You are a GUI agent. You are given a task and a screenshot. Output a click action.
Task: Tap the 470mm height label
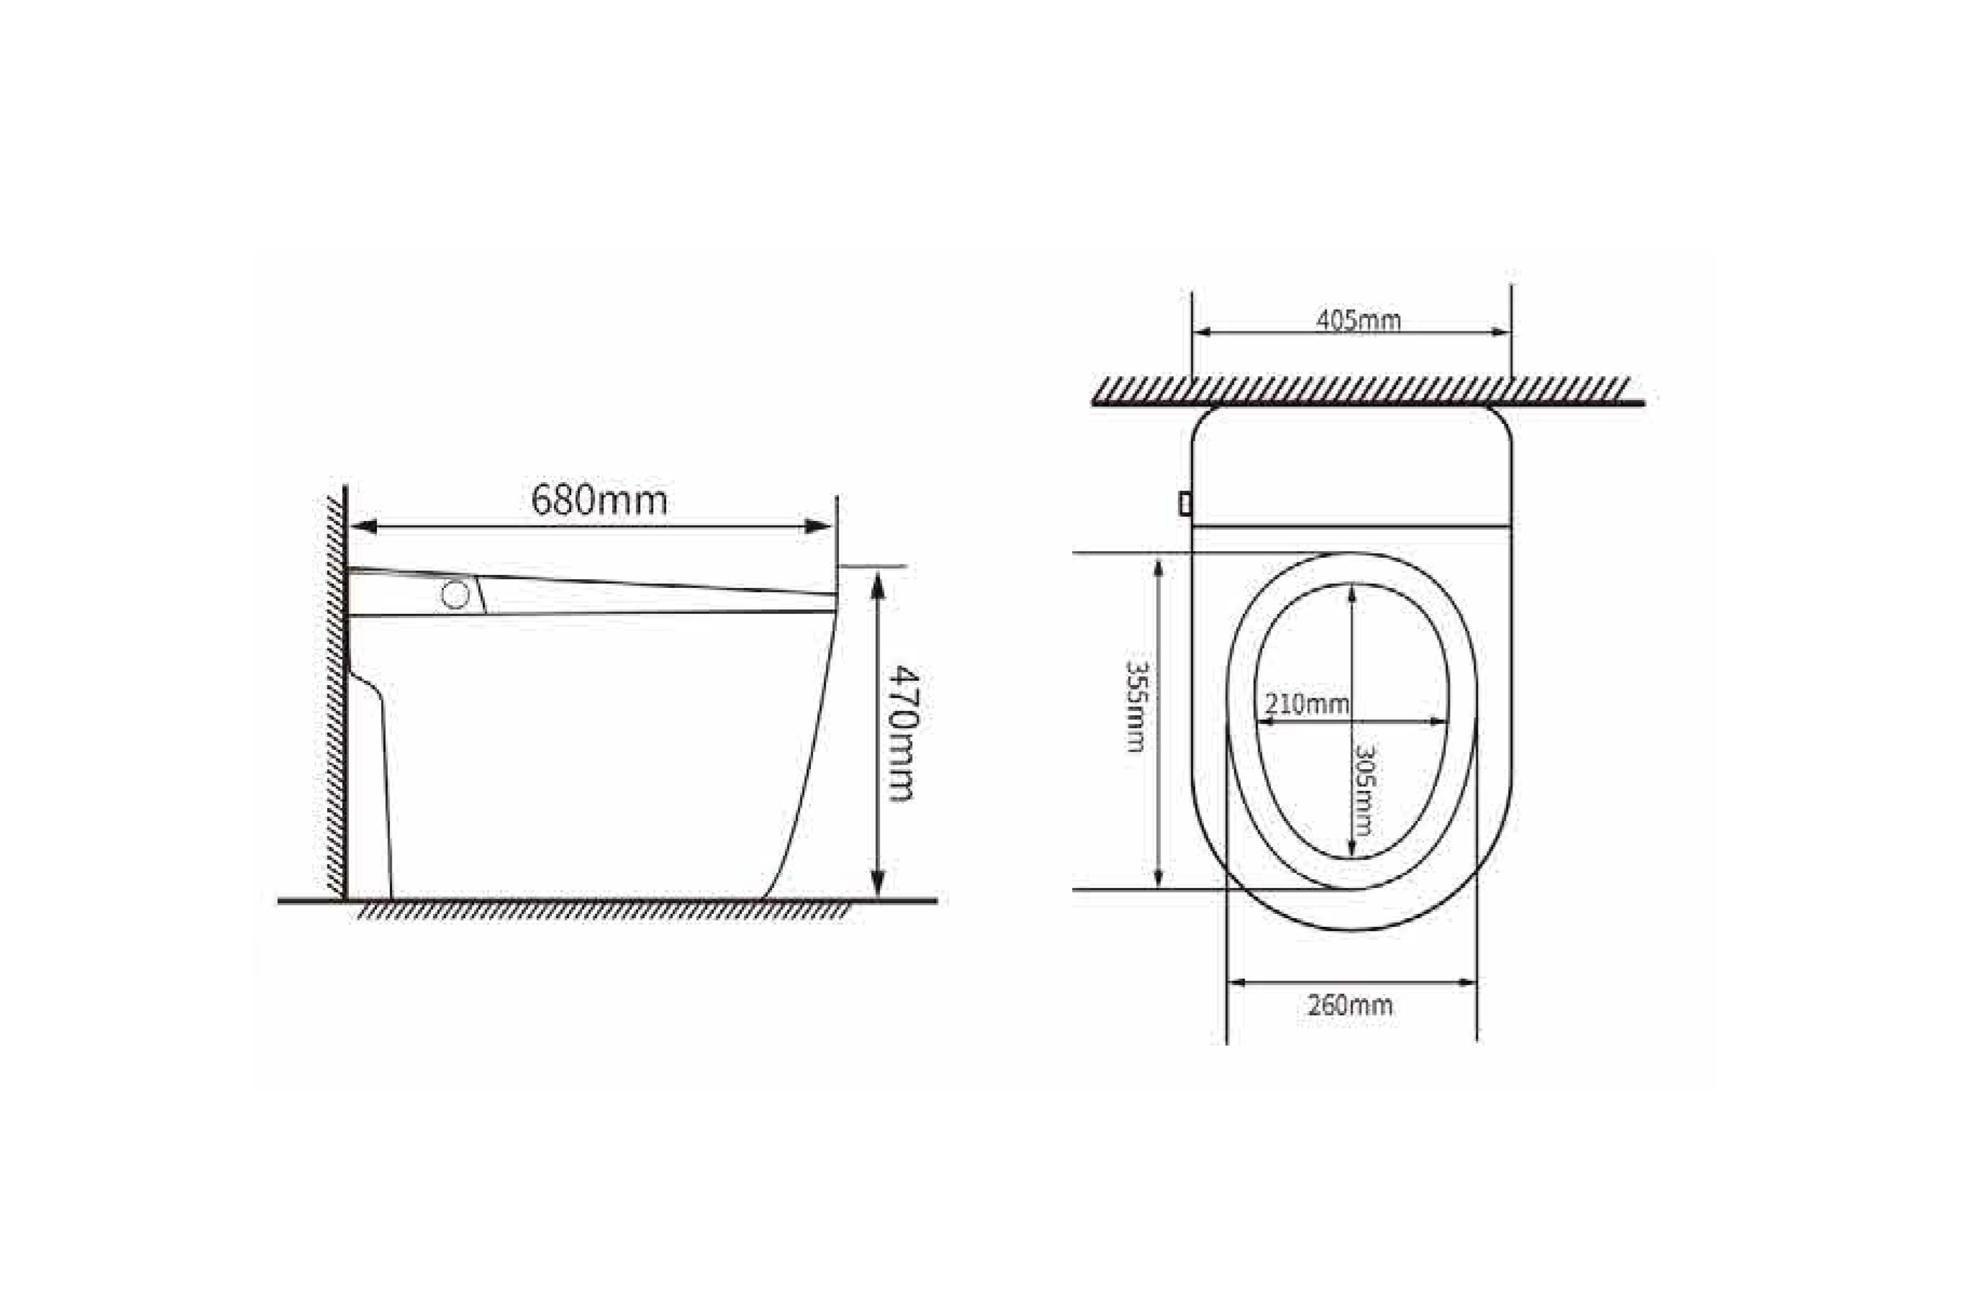[x=899, y=733]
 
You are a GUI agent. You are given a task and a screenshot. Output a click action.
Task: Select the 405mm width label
[x=1359, y=320]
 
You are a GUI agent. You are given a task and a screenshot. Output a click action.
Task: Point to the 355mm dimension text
[x=1135, y=705]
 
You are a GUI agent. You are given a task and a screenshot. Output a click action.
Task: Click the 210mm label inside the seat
[x=1306, y=704]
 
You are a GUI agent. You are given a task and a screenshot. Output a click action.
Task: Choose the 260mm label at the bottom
[x=1351, y=1006]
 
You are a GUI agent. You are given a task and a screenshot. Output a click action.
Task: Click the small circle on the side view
[x=455, y=594]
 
